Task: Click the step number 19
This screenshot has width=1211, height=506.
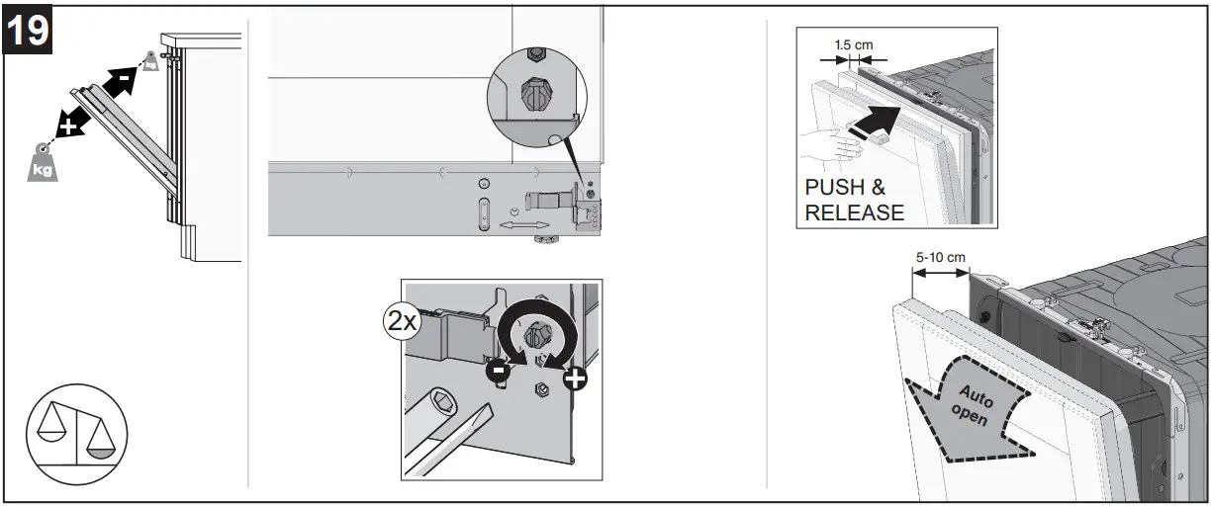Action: pos(29,32)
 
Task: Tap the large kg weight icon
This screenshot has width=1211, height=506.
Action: pos(43,161)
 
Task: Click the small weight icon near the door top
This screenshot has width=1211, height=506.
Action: pos(149,61)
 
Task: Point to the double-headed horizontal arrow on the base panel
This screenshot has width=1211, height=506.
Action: pos(520,226)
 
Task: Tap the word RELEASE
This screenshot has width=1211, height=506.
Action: pos(855,212)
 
